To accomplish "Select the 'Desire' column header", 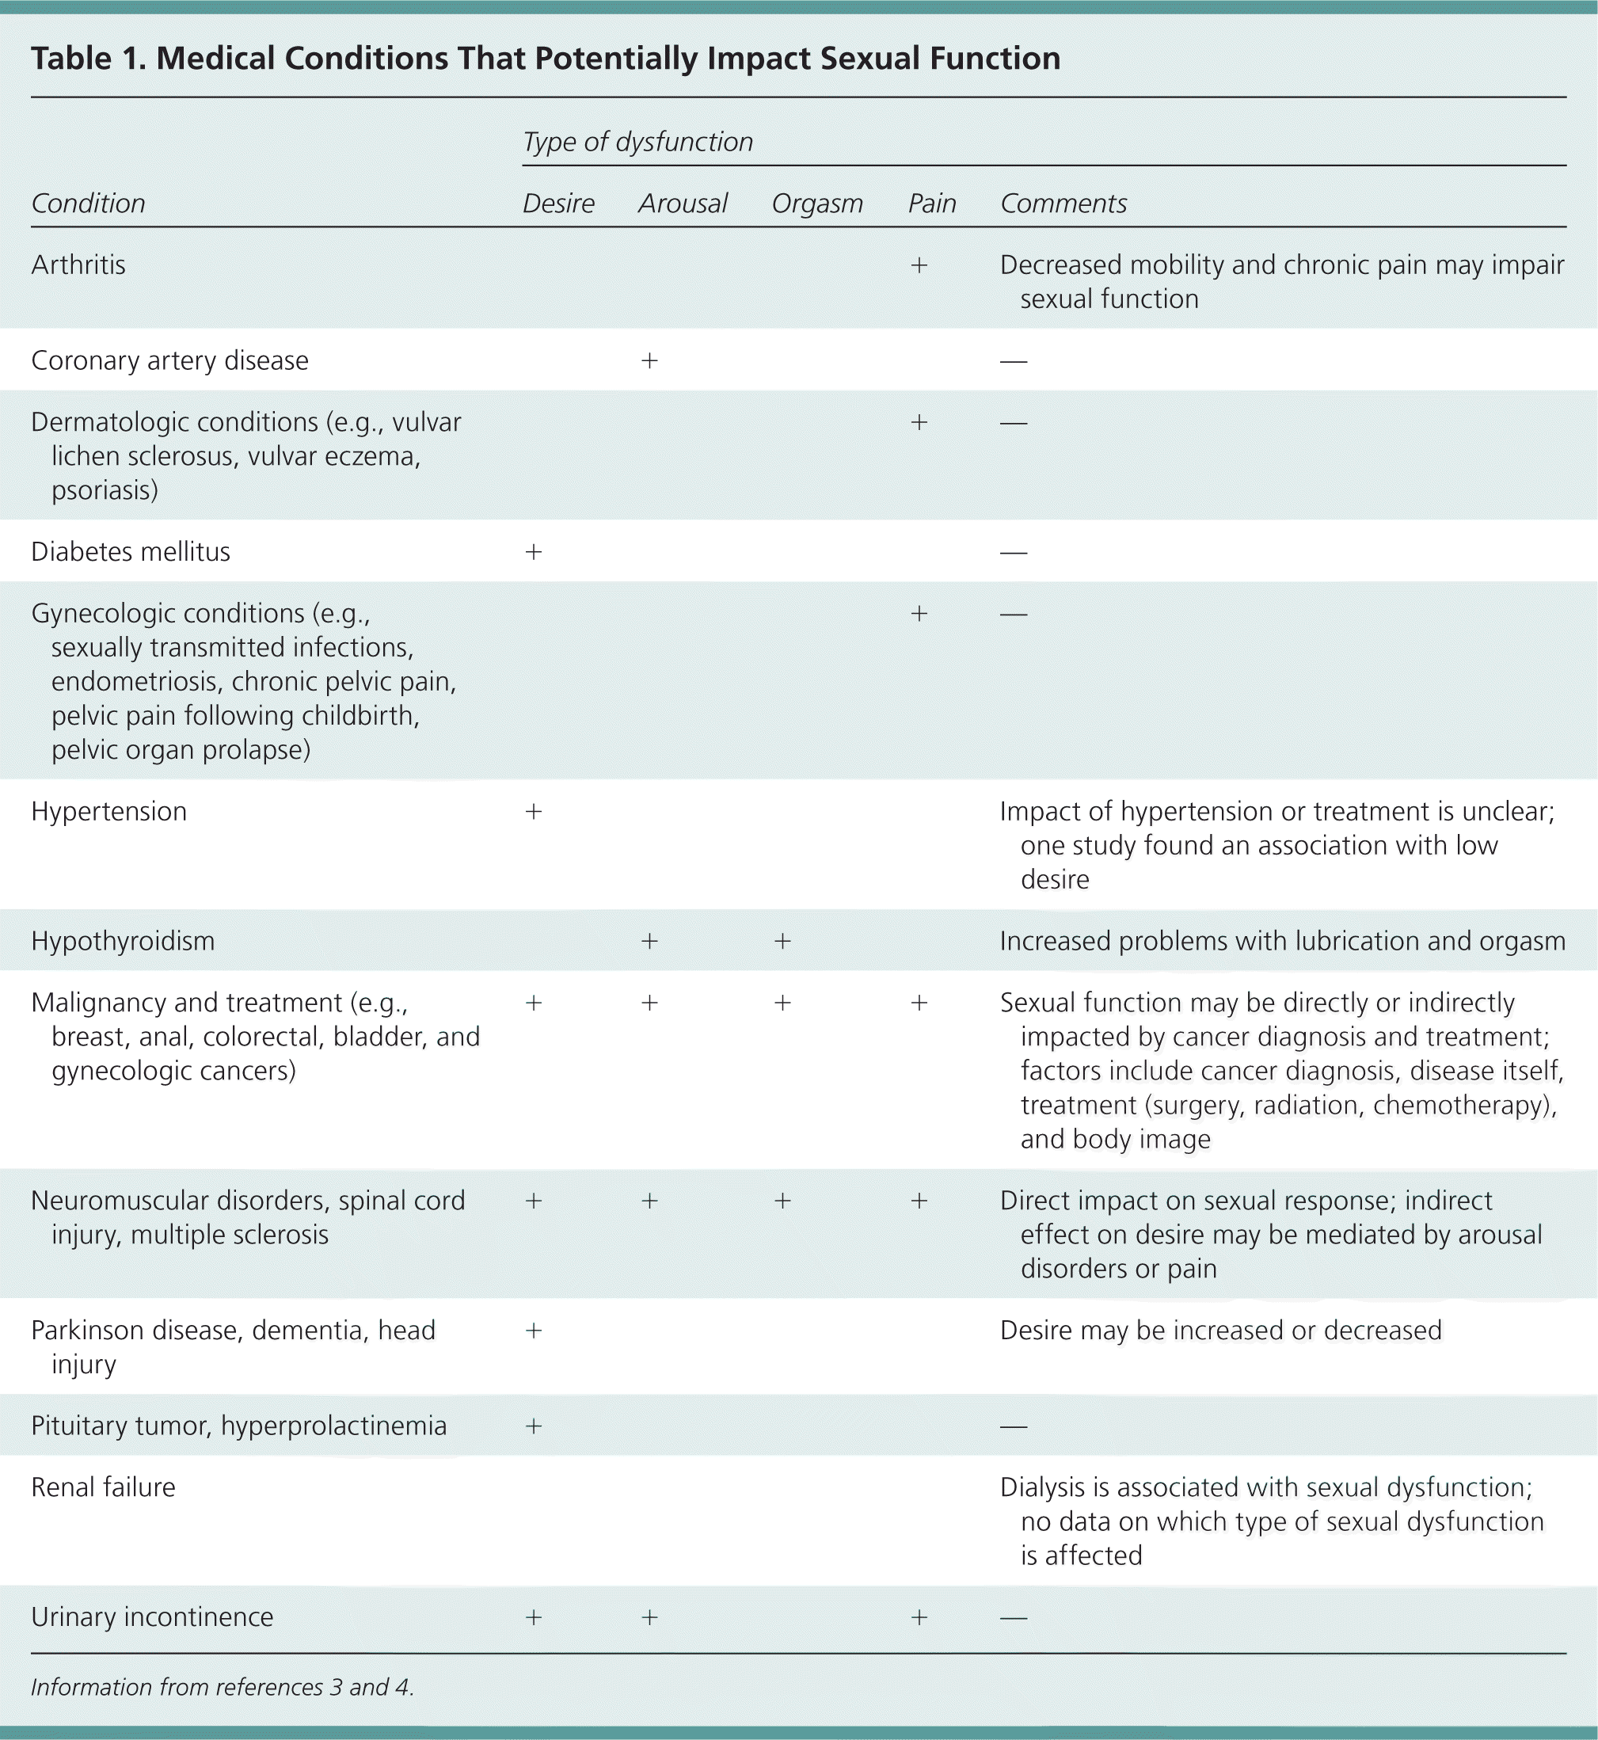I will (x=558, y=204).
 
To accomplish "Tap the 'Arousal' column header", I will (x=683, y=204).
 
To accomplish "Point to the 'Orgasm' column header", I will (x=817, y=204).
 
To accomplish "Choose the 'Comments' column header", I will (x=1063, y=204).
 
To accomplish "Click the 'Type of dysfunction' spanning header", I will (x=637, y=143).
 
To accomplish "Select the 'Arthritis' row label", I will (x=78, y=265).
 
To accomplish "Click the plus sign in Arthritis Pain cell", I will (x=919, y=265).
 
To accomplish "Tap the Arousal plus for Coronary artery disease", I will (x=649, y=360).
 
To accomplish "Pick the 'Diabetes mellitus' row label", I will (x=131, y=552).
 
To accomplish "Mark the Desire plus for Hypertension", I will (x=534, y=811).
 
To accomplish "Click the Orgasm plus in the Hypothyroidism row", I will (x=782, y=941).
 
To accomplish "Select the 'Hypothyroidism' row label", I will (x=123, y=941).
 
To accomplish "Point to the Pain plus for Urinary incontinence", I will (x=919, y=1616).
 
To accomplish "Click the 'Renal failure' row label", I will (x=103, y=1487).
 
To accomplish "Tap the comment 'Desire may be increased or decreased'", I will (x=1220, y=1330).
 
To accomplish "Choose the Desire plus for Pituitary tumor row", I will (x=534, y=1426).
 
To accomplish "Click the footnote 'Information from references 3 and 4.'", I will (x=223, y=1687).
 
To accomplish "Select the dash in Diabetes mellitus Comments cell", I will (x=1014, y=552).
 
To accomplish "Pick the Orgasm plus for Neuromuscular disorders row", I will (x=782, y=1201).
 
